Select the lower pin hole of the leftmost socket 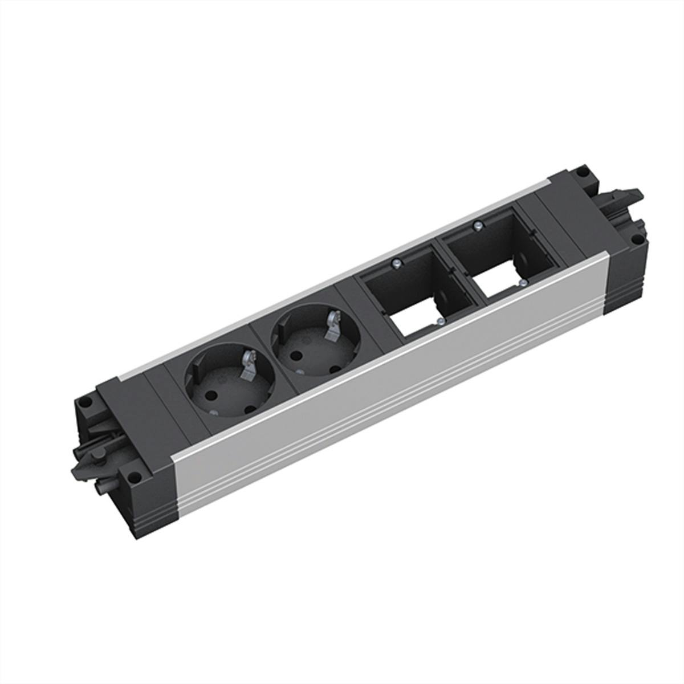[x=250, y=410]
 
